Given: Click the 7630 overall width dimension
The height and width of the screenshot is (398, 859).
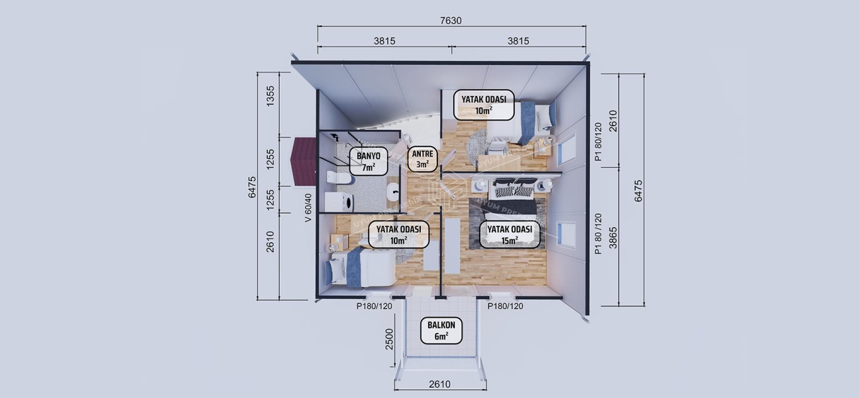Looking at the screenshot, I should pos(451,21).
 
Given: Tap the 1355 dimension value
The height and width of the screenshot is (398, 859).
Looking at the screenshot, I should pos(270,97).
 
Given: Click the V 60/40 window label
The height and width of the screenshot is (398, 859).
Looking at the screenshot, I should pos(308,207).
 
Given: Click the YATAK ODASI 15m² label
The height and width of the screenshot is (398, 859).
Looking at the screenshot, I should pos(510,234).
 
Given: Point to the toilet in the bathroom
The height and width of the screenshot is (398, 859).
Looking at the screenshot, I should pos(335,178).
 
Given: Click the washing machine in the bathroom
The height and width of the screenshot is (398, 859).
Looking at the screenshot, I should pos(335,201).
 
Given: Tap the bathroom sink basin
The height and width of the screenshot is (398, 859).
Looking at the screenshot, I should pos(393,194).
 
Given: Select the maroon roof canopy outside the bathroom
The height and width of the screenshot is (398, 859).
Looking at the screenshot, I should pos(303,162).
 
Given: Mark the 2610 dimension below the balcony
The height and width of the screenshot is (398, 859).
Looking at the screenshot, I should pos(439,384).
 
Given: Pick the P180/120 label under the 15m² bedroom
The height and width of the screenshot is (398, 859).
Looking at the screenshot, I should pos(505,306).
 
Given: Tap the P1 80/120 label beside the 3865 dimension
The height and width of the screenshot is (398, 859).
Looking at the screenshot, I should pos(599,233).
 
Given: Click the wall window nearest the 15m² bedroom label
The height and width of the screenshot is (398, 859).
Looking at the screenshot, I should pos(566,233).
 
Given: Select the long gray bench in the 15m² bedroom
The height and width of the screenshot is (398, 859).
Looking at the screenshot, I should pos(453,245).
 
